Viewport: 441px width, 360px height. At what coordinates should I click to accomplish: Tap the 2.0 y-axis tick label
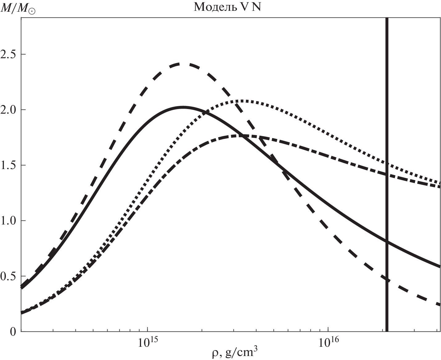point(9,110)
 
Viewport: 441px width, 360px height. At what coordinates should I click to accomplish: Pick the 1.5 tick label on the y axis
point(9,165)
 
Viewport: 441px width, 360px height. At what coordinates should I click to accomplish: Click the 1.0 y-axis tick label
point(9,221)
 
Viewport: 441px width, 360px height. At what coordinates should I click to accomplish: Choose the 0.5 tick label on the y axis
point(9,276)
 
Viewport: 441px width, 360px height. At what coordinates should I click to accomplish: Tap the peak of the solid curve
point(183,107)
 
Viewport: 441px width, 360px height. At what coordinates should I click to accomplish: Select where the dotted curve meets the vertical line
point(387,164)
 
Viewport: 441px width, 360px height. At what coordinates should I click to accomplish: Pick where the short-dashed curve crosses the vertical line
point(387,279)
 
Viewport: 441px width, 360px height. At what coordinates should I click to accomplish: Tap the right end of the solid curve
point(440,267)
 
